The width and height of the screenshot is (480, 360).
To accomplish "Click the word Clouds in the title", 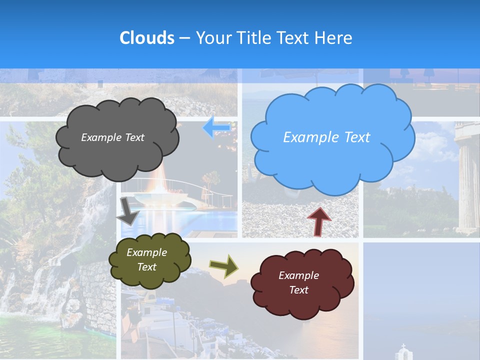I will tap(147, 38).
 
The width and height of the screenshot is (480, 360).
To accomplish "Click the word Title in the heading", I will tap(253, 38).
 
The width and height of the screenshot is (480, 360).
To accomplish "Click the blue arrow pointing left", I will tap(216, 127).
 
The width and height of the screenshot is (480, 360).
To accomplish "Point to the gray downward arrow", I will tap(128, 211).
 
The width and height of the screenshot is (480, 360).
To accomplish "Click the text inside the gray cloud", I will tap(112, 137).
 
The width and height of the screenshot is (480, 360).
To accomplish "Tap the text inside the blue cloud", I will tap(326, 137).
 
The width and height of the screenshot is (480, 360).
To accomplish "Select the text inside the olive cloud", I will tap(146, 259).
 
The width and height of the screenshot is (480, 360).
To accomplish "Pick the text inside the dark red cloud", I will tap(298, 282).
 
